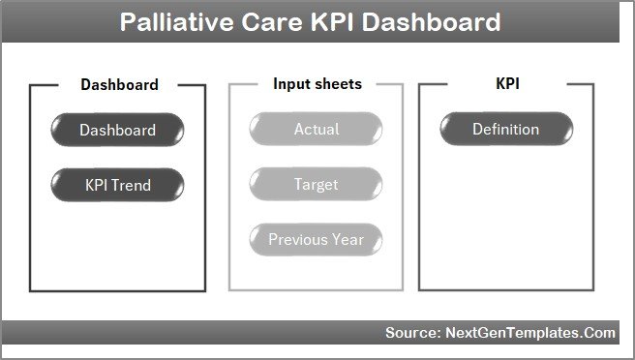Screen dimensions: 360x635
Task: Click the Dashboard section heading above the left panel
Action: (119, 84)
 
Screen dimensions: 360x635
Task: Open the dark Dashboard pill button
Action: (117, 130)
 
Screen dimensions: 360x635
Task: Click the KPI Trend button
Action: (117, 184)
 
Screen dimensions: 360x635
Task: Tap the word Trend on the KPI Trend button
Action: (133, 184)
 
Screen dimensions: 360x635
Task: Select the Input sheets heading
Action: (317, 84)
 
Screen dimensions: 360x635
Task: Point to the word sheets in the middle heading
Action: (339, 84)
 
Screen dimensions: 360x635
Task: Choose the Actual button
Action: (317, 130)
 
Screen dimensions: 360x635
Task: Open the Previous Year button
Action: (317, 239)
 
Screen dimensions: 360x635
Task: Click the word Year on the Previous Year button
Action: (348, 239)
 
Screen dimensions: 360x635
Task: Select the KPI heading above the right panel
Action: (506, 84)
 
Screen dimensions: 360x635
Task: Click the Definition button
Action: (505, 130)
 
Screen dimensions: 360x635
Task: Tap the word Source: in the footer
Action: (412, 333)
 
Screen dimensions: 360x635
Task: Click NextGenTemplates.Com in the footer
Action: (530, 333)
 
